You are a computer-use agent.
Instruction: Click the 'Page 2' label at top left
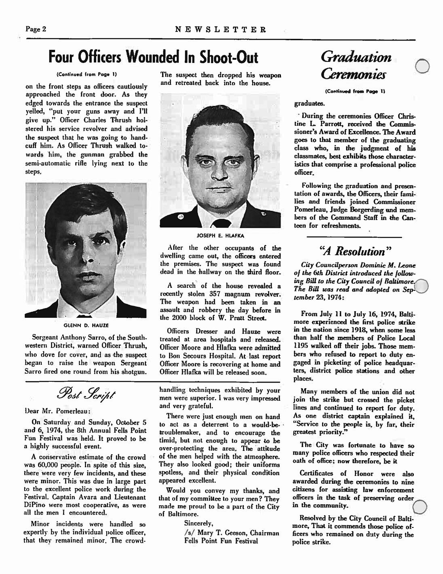point(36,29)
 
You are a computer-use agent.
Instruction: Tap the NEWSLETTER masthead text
point(221,30)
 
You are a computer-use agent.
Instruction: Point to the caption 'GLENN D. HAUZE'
point(85,325)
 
